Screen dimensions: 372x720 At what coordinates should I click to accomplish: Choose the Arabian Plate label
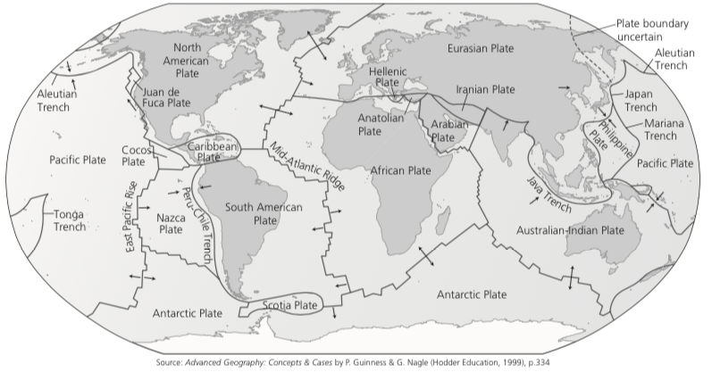click(x=449, y=131)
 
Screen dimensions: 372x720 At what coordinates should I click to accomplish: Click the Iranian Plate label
click(x=485, y=90)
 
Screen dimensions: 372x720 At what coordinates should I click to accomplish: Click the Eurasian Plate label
click(x=483, y=47)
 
